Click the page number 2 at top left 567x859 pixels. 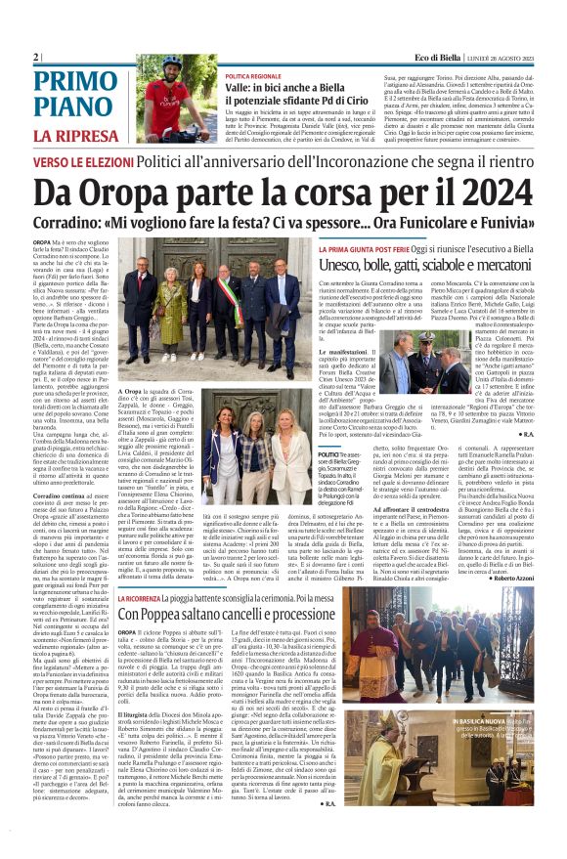(x=36, y=58)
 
